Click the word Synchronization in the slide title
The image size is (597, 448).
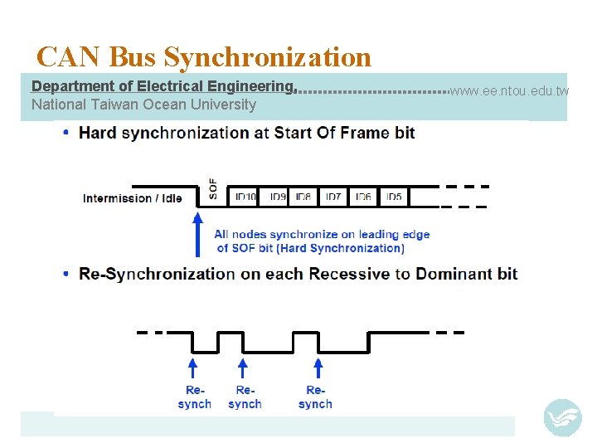coord(268,57)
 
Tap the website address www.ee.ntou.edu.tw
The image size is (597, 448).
coord(510,90)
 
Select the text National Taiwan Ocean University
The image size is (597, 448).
coord(143,105)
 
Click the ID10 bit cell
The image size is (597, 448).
coord(245,197)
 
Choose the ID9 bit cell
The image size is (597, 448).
coord(278,197)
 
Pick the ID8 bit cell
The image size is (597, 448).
coord(303,197)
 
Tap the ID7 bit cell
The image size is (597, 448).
coord(333,197)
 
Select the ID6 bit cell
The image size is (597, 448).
coord(363,197)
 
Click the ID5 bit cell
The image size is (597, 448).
coord(393,197)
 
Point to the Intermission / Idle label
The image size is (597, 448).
coord(133,198)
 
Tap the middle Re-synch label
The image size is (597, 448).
coord(245,397)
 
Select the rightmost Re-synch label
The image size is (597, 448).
coord(315,397)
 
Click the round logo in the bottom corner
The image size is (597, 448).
coord(562,417)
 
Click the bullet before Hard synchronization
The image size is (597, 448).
coord(66,133)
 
